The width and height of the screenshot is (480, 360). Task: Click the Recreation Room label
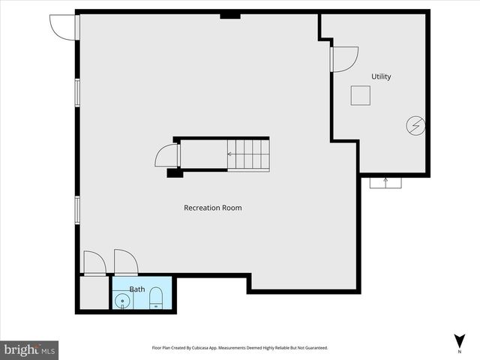(x=213, y=208)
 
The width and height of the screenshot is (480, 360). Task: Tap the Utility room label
(x=381, y=76)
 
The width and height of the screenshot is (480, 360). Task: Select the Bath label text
(x=137, y=289)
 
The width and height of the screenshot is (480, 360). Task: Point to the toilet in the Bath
(x=156, y=298)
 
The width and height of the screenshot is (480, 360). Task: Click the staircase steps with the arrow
(x=248, y=155)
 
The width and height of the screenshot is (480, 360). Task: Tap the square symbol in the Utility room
(x=361, y=95)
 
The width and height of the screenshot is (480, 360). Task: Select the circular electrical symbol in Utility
(x=415, y=126)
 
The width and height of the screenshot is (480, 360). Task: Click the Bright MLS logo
(x=30, y=349)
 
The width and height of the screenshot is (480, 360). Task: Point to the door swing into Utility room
(x=344, y=59)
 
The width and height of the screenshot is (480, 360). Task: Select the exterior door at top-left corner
(x=63, y=26)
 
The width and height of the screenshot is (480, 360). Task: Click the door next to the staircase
(x=166, y=155)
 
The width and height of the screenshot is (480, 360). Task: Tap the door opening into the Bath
(x=126, y=262)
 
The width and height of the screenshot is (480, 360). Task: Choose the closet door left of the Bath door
(x=94, y=263)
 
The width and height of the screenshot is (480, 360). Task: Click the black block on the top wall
(x=229, y=15)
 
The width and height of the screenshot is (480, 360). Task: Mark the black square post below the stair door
(x=175, y=173)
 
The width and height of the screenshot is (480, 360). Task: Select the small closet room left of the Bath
(x=93, y=293)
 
